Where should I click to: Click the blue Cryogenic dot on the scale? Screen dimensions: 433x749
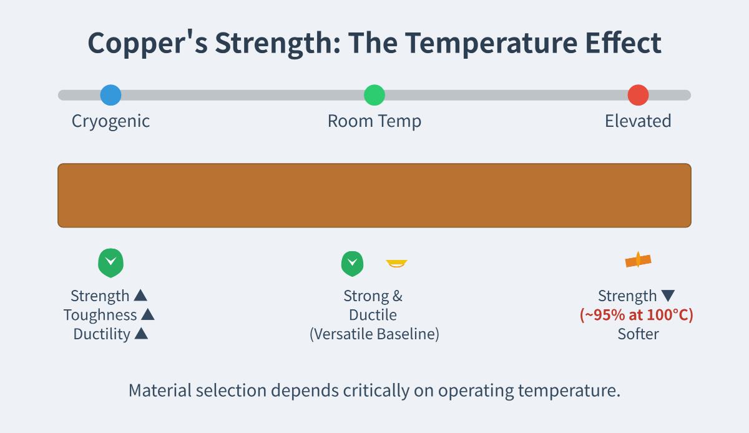110,95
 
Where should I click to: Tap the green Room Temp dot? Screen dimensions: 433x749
374,95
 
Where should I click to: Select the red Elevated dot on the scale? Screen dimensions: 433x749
638,95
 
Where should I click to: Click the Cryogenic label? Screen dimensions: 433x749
110,121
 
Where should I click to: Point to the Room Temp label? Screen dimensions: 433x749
374,121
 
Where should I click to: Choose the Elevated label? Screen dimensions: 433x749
638,121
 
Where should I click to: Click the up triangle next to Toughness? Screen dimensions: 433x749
147,315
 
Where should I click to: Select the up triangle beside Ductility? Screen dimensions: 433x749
141,334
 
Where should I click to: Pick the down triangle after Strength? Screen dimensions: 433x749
668,296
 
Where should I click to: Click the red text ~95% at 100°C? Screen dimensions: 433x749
637,315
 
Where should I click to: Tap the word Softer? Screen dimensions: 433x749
638,334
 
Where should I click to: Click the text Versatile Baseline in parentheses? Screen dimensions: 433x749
374,334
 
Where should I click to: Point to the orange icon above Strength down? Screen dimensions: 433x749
638,261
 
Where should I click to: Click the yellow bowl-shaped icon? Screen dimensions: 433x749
396,263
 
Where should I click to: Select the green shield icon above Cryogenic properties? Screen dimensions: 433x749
110,262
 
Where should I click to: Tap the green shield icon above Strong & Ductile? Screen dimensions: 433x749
352,263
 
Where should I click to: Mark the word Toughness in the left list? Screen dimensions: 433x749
100,315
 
